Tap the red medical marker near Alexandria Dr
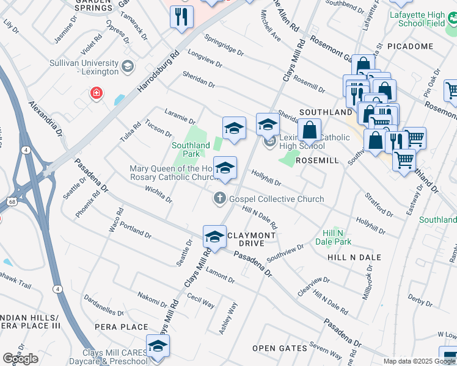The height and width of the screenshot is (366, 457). (x=96, y=93)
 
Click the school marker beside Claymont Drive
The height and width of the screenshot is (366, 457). (x=214, y=237)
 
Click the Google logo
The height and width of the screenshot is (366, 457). (x=20, y=359)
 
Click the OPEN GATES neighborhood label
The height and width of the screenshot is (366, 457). (x=280, y=348)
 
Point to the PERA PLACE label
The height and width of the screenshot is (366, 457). (x=122, y=327)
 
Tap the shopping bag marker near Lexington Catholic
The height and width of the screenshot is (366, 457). (x=310, y=130)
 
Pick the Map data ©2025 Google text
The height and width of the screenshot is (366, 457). (x=419, y=361)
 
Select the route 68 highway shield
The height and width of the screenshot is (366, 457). (x=12, y=201)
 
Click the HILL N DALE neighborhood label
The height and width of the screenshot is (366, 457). (x=354, y=257)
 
